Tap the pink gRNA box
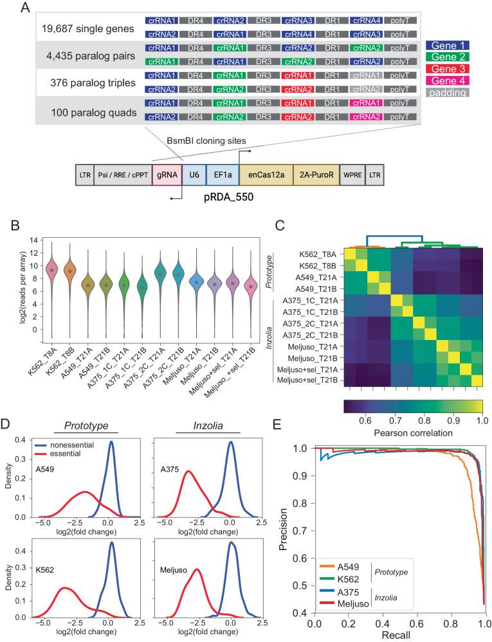(163, 174)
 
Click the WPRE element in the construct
(352, 174)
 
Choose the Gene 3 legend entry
(448, 69)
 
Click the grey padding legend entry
(448, 93)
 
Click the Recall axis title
(398, 635)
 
